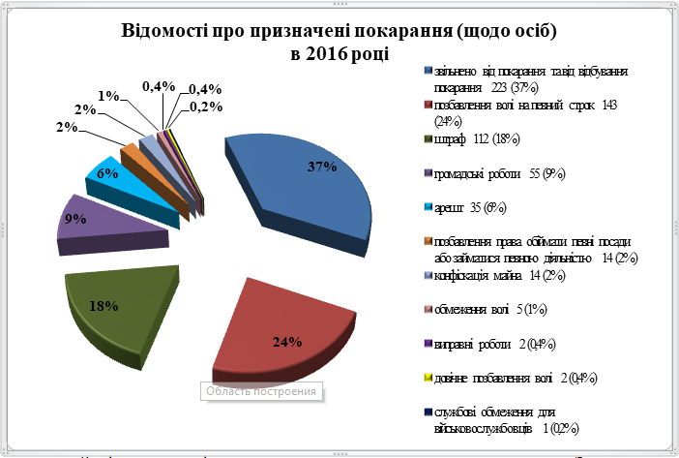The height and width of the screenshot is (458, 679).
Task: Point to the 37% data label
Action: click(321, 167)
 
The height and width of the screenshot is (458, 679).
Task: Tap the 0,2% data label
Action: click(202, 107)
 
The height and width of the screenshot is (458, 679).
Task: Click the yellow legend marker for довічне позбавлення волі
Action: click(428, 378)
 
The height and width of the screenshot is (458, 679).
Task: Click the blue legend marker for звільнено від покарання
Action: click(428, 72)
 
